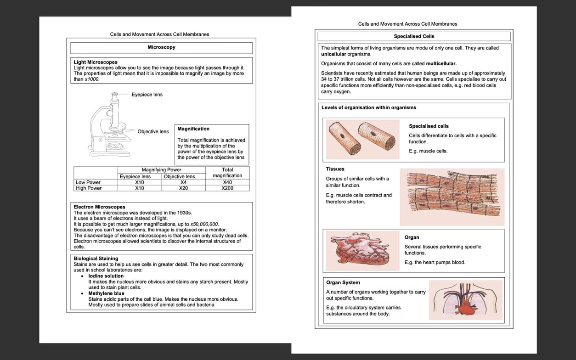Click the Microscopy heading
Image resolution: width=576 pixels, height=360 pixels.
coord(161,47)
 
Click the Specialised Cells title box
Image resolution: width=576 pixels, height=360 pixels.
coord(414,36)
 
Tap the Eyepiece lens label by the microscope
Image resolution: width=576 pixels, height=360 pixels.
coord(147,95)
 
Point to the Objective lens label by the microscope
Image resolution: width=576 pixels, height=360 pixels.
coord(153,132)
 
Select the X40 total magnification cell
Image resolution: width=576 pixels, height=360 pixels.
coord(227,182)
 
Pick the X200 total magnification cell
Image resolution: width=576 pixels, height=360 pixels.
coord(227,188)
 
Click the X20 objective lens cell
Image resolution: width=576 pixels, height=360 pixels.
coord(183,188)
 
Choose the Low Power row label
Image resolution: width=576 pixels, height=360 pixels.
coord(88,182)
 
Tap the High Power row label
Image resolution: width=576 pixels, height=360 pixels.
coord(89,188)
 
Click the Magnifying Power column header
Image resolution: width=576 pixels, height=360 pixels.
coord(161,170)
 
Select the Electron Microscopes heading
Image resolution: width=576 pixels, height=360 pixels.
coord(99,207)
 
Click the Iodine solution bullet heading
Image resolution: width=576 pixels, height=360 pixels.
coord(106,276)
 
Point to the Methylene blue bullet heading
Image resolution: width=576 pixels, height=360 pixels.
coord(106,293)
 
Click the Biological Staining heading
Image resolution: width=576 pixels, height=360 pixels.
coord(96,259)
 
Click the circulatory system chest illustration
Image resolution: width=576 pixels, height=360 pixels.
coord(465,300)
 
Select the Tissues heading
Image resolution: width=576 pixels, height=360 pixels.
coord(335,169)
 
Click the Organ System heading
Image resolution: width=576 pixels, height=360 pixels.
coord(343,283)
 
